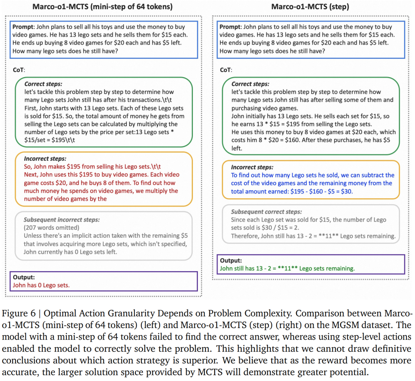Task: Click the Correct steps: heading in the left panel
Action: pyautogui.click(x=43, y=84)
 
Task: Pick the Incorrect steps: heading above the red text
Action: pyautogui.click(x=45, y=158)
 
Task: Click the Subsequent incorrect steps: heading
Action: pyautogui.click(x=61, y=220)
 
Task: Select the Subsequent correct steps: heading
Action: pyautogui.click(x=266, y=212)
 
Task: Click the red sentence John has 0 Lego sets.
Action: pyautogui.click(x=41, y=285)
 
